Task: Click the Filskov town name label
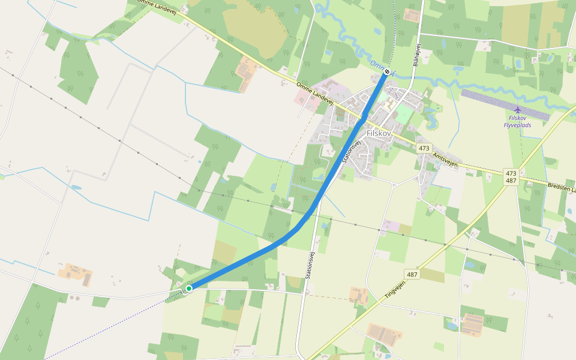coord(379,134)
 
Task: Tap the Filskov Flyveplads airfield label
coord(517,121)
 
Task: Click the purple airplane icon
coord(517,110)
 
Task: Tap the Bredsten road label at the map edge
coord(561,188)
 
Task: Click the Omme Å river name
coord(378,66)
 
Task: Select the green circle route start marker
coord(188,289)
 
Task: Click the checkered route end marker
coord(388,72)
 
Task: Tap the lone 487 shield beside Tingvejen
coord(412,274)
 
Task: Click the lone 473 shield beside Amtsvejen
coord(424,148)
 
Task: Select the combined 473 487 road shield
coord(511,176)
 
